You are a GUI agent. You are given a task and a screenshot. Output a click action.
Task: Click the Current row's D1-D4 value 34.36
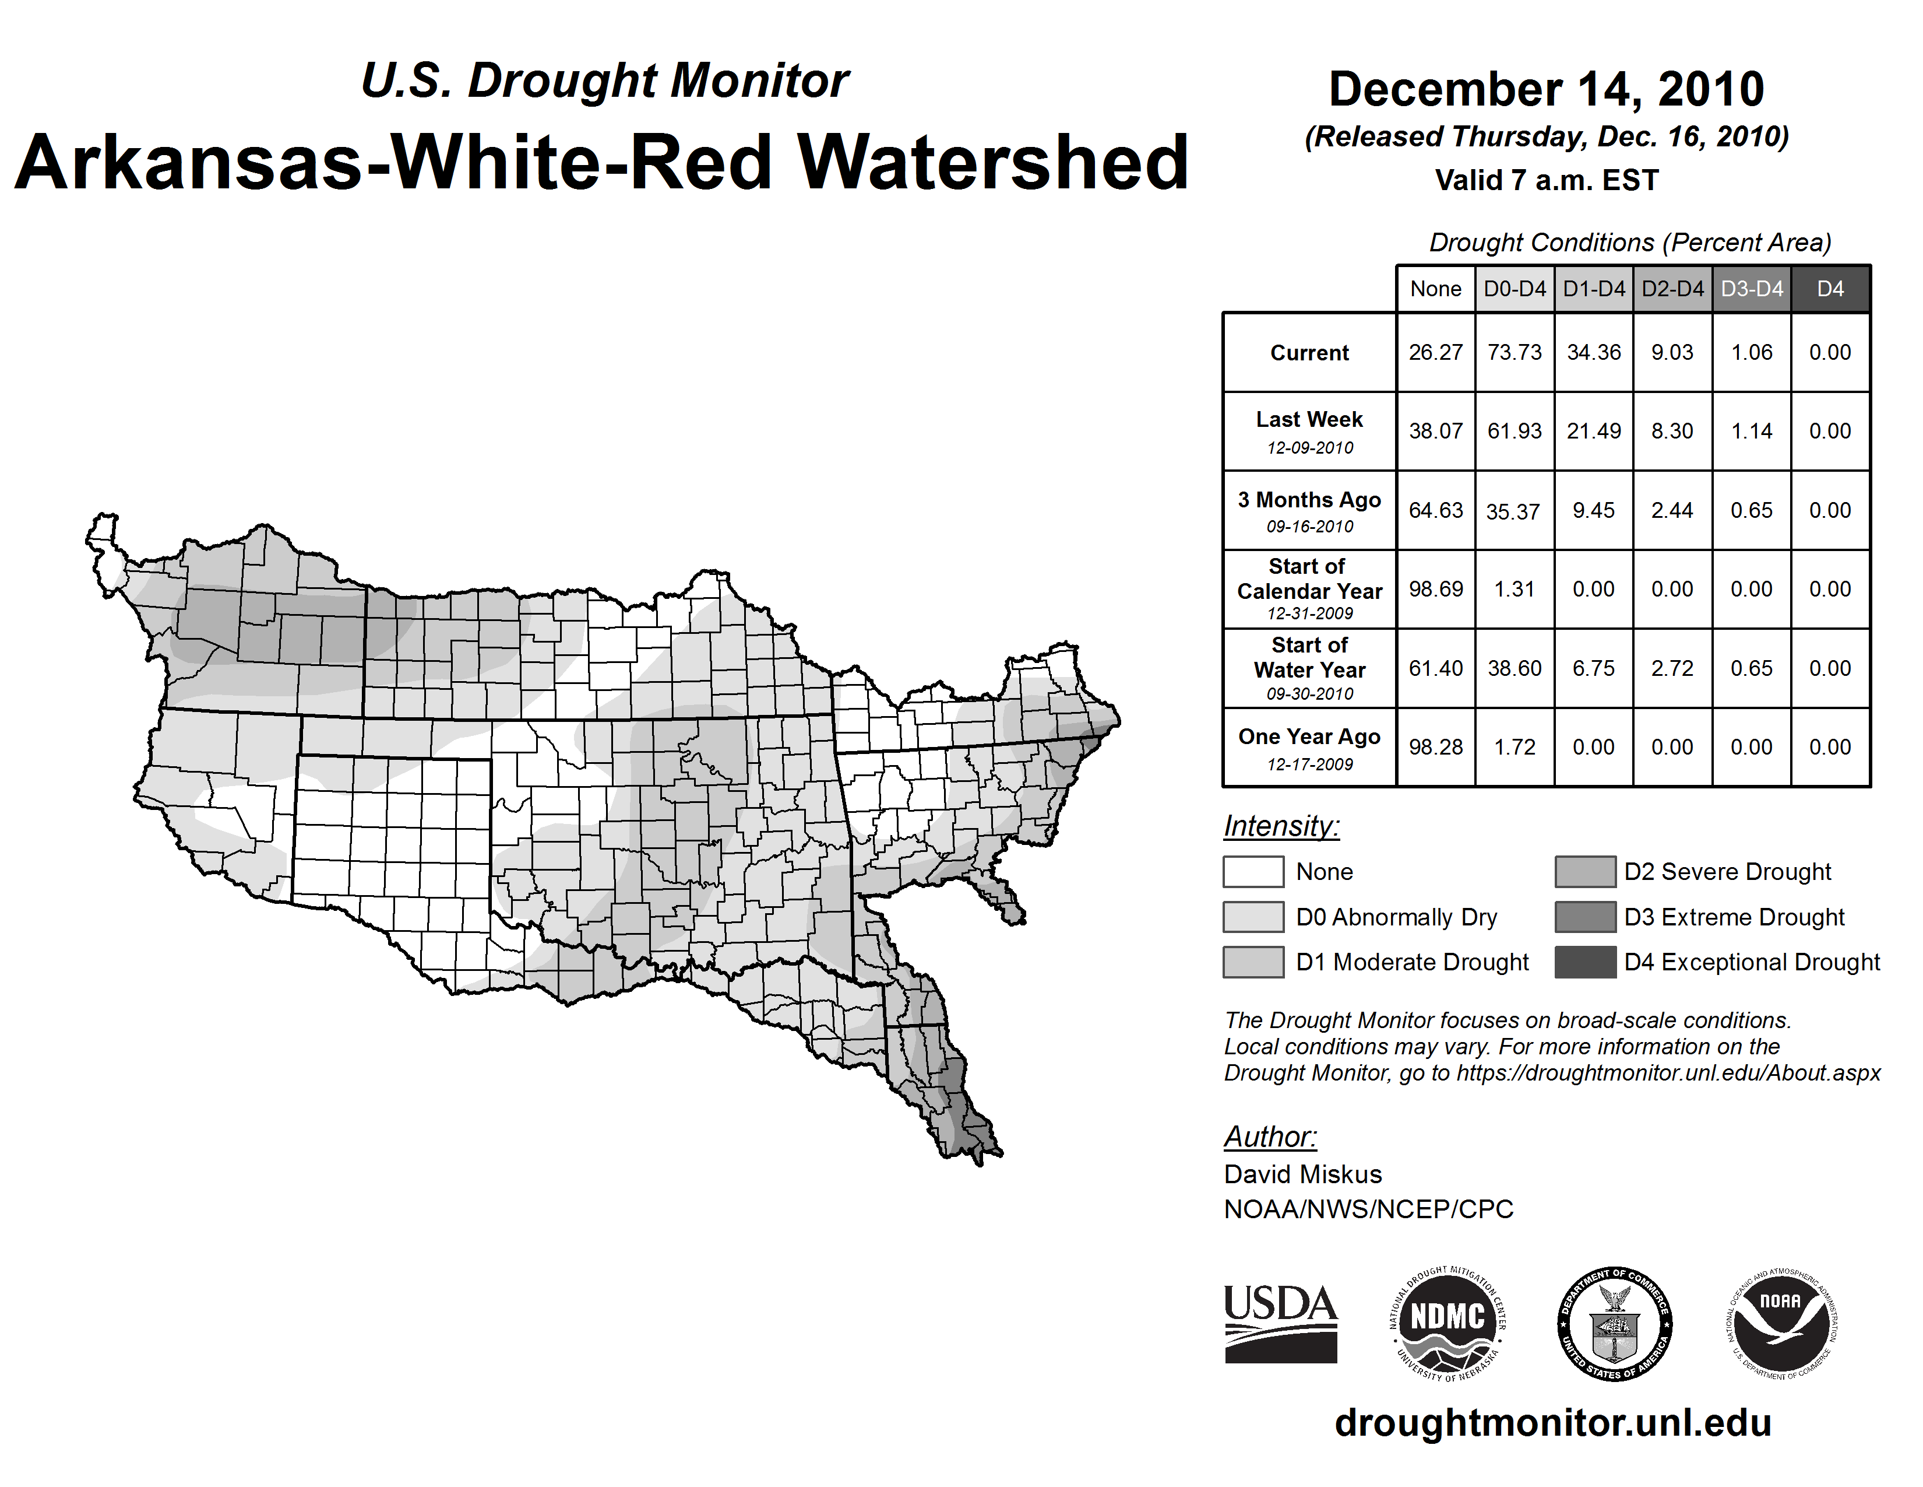point(1594,352)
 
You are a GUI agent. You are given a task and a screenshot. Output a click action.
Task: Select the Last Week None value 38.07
point(1435,431)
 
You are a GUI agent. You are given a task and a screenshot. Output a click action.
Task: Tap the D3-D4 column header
point(1751,289)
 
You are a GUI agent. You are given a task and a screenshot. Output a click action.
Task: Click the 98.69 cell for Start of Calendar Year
point(1435,588)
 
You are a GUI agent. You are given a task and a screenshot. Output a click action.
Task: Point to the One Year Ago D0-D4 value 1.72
point(1515,747)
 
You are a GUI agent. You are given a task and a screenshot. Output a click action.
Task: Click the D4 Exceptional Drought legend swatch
point(1585,962)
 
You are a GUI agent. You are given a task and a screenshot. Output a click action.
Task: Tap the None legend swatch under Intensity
point(1253,871)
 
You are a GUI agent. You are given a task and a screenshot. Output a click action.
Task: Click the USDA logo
point(1280,1323)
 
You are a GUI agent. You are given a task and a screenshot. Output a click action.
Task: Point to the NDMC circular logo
point(1447,1323)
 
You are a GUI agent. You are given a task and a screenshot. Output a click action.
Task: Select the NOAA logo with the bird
point(1781,1323)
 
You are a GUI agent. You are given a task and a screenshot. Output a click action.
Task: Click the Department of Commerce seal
point(1615,1323)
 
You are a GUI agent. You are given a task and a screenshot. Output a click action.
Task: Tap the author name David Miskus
point(1302,1174)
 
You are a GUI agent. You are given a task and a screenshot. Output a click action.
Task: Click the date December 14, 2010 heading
point(1546,89)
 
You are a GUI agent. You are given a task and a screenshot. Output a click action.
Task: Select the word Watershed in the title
point(992,162)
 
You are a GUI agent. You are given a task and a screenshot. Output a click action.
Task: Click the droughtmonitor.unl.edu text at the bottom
point(1552,1423)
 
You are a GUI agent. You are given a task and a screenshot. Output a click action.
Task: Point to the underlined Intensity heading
point(1281,826)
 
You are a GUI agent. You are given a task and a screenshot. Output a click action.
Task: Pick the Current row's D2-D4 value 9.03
point(1672,352)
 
